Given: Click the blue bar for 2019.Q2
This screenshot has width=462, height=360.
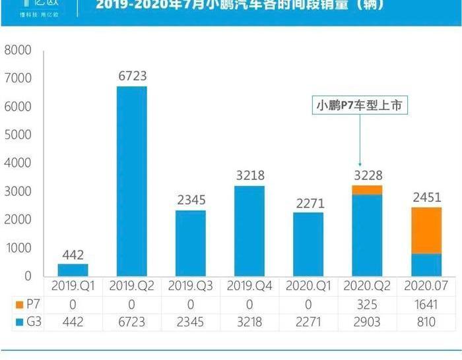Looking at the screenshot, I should click(x=131, y=181).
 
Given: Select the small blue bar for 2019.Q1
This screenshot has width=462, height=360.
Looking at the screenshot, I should click(x=73, y=270).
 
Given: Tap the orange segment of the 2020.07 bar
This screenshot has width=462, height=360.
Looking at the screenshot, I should click(x=426, y=230).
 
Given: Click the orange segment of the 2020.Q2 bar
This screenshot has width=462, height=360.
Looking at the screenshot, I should click(x=367, y=190).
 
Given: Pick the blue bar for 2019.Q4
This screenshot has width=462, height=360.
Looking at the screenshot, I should click(x=249, y=231).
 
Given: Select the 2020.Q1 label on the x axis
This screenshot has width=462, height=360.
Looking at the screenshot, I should click(x=308, y=285).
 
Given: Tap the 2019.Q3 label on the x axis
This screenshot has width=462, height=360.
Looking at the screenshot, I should click(x=190, y=285).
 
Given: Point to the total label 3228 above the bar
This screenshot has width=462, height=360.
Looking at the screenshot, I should click(x=367, y=175).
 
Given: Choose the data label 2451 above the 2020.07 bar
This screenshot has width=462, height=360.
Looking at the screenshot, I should click(x=426, y=197).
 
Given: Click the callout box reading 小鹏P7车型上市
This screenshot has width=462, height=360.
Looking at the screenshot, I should click(x=360, y=105).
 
